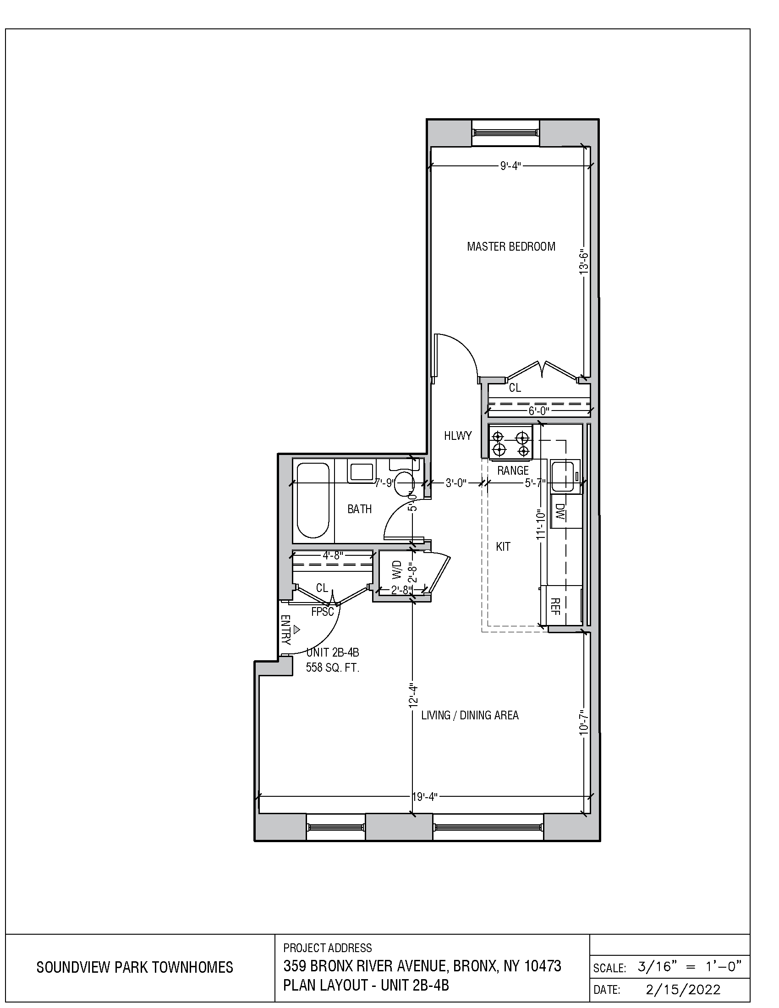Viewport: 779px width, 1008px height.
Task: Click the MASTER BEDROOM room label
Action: click(511, 247)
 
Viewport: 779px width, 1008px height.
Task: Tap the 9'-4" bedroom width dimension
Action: click(510, 166)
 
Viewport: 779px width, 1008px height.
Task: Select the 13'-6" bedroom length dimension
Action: click(584, 263)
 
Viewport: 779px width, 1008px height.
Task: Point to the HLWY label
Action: click(458, 435)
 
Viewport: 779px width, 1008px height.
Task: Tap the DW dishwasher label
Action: click(560, 511)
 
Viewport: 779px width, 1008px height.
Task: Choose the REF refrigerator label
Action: click(556, 606)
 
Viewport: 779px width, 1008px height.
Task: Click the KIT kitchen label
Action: click(503, 547)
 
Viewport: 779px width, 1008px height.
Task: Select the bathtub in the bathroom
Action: click(313, 501)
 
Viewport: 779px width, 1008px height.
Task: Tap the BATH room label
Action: click(360, 509)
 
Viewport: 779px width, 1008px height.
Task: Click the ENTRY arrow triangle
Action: click(297, 629)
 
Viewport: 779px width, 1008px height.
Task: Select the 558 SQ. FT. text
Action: click(332, 668)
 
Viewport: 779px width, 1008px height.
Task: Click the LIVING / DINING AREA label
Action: click(470, 715)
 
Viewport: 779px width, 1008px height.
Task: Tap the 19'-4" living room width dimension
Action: click(424, 797)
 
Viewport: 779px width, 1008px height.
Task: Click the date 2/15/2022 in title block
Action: click(683, 990)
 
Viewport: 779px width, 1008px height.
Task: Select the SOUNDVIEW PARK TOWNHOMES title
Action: click(135, 967)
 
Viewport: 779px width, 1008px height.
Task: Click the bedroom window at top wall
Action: click(505, 133)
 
